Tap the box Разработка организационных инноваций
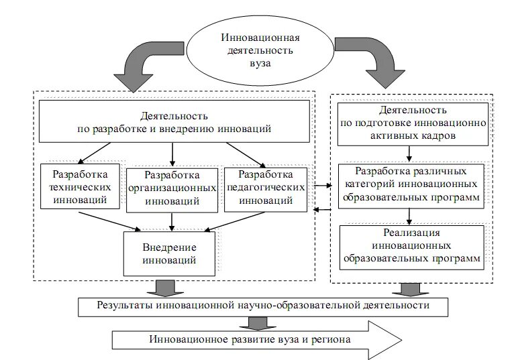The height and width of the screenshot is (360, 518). pyautogui.click(x=172, y=188)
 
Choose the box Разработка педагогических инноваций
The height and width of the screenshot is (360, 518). pyautogui.click(x=266, y=187)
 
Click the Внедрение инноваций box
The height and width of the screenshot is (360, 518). pyautogui.click(x=169, y=253)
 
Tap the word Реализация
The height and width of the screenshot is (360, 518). pyautogui.click(x=412, y=233)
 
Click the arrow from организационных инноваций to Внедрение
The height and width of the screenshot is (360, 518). pyautogui.click(x=173, y=222)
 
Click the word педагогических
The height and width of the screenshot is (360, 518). pyautogui.click(x=266, y=187)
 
